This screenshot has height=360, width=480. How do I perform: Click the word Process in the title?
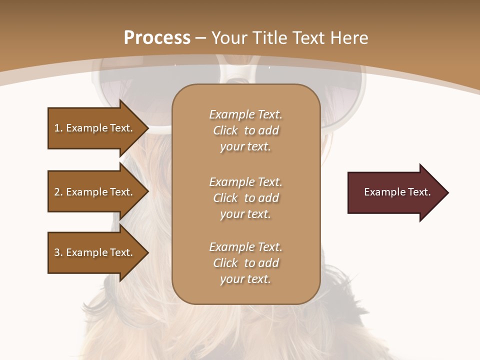click(x=157, y=38)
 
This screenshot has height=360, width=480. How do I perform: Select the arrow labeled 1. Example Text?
click(x=95, y=128)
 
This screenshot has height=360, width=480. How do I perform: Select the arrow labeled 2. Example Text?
click(x=95, y=192)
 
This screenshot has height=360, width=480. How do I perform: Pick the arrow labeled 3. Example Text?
click(x=95, y=252)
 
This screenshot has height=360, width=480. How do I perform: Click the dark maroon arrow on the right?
click(x=395, y=192)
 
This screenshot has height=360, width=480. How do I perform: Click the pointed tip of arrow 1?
click(x=147, y=128)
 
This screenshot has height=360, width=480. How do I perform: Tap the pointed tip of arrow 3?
click(x=147, y=252)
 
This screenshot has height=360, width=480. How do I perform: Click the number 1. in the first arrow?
click(x=58, y=128)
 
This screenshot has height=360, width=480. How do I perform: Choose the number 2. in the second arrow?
click(x=58, y=192)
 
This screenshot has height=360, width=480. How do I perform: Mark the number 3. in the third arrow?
click(x=58, y=252)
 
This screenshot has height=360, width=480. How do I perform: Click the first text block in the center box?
click(x=245, y=130)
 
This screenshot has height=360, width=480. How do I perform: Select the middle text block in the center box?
click(x=245, y=198)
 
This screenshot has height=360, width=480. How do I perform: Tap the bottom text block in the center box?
click(x=245, y=263)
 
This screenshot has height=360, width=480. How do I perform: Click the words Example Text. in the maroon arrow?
click(x=397, y=192)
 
